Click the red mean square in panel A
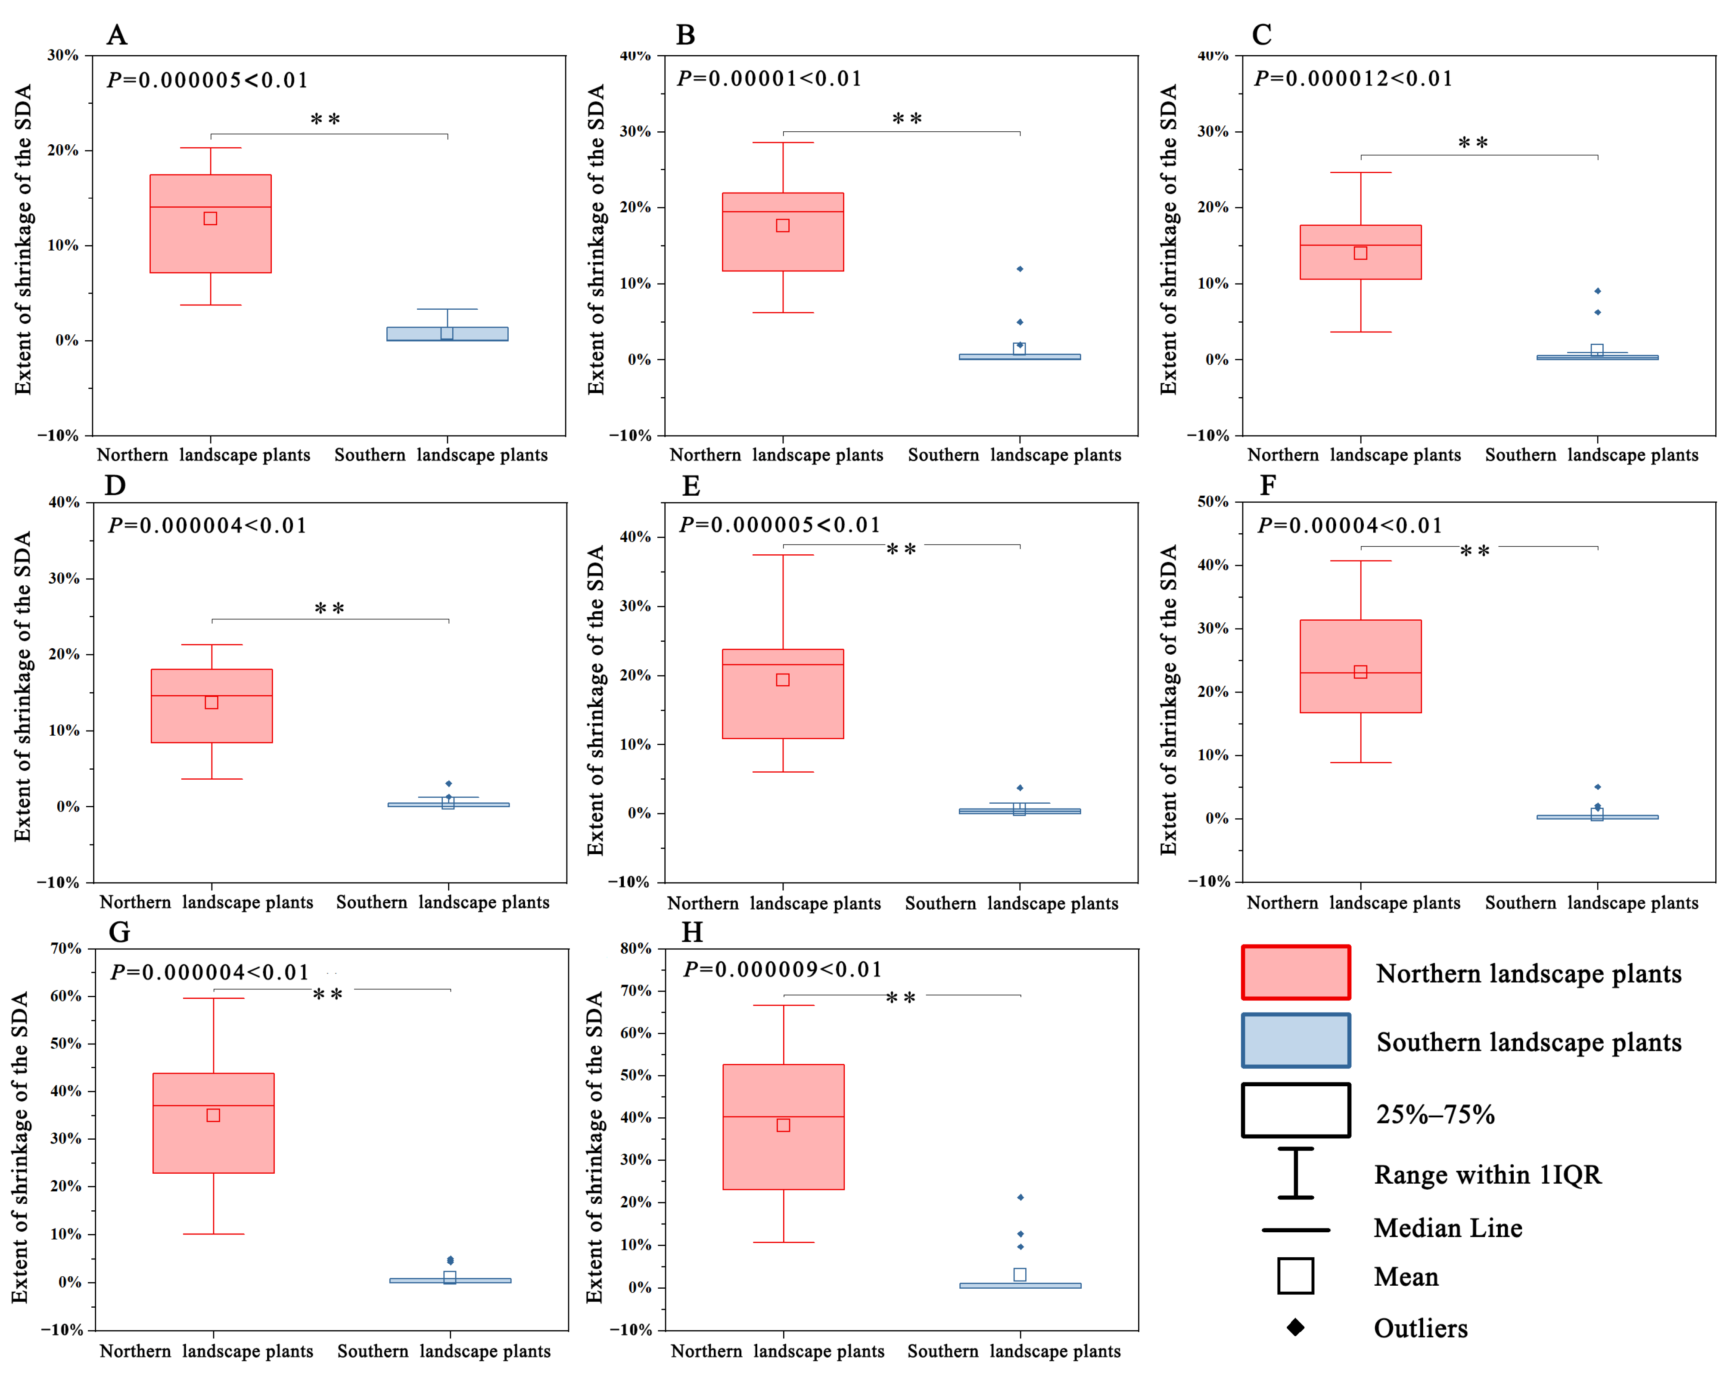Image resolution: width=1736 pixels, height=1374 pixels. pyautogui.click(x=210, y=218)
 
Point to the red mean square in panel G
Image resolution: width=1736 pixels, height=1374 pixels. pyautogui.click(x=213, y=1115)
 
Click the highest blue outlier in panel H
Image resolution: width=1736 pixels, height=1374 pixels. pyautogui.click(x=1020, y=1197)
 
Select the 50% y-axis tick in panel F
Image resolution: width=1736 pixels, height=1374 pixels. pyautogui.click(x=1213, y=501)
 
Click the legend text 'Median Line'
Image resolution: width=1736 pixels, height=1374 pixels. pyautogui.click(x=1448, y=1228)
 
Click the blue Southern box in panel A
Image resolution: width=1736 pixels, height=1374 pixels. pyautogui.click(x=447, y=334)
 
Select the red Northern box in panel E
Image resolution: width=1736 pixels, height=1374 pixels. pyautogui.click(x=783, y=693)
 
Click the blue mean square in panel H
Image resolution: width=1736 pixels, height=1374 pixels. pyautogui.click(x=1019, y=1274)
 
